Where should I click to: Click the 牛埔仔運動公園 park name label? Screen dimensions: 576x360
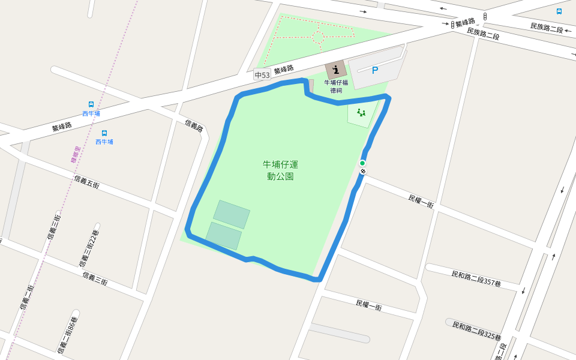point(280,170)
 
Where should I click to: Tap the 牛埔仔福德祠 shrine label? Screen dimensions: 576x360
point(336,86)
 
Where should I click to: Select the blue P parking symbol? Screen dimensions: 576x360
point(375,71)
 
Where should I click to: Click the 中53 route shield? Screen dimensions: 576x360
point(262,75)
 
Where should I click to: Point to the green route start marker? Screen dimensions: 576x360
point(362,163)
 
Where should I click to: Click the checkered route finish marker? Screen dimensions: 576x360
point(363,172)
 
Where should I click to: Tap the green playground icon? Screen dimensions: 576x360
point(361,112)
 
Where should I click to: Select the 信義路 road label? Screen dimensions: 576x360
point(194,126)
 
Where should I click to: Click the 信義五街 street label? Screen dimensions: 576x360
point(86,182)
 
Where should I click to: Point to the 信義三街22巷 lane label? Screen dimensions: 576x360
point(89,248)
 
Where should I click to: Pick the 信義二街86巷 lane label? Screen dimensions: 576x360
point(67,335)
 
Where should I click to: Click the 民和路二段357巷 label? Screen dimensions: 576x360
point(476,278)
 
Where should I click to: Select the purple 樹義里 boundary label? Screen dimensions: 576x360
point(76,155)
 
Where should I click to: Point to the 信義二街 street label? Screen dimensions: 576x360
point(26,297)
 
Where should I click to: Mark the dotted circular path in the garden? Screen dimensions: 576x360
point(319,37)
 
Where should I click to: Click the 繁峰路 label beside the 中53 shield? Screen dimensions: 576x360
point(283,70)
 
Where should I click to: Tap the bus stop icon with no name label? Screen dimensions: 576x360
point(559,11)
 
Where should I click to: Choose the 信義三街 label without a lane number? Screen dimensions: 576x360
point(95,278)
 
